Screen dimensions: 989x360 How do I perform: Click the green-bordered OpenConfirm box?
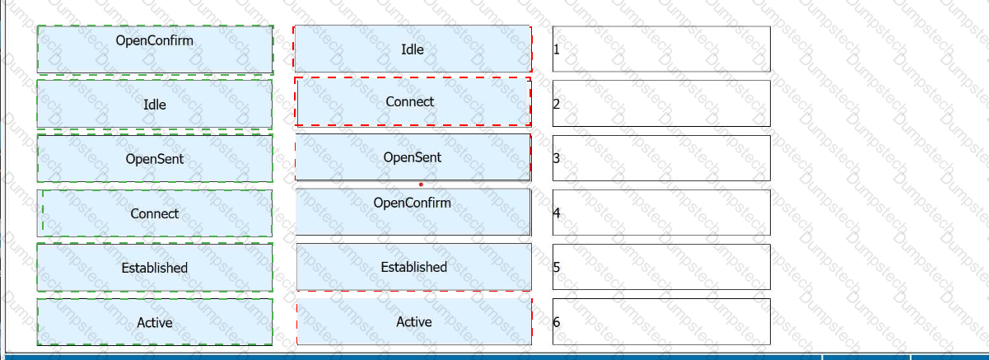155,49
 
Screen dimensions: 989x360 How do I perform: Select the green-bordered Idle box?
155,105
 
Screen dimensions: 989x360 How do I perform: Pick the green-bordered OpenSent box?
155,158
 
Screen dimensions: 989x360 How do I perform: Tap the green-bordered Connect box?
155,213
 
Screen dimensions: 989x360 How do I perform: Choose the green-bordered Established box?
155,267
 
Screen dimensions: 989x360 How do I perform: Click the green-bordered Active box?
155,322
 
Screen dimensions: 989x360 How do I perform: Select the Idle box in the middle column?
413,49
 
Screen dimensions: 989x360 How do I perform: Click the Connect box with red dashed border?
413,101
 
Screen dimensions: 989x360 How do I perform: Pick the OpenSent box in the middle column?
413,157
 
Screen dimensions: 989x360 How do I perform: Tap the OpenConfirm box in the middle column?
413,212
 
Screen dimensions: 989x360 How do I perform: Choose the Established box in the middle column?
413,267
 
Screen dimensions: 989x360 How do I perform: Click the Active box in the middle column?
413,321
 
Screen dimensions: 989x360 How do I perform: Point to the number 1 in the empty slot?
557,49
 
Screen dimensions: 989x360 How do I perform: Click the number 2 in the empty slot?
557,104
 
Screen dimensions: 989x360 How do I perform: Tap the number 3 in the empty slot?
557,158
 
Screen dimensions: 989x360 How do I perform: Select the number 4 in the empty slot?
557,213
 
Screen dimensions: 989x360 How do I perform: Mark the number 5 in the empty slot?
557,267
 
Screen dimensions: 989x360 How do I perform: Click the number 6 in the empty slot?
557,322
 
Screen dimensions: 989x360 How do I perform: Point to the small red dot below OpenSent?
421,185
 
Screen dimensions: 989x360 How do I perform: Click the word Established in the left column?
155,268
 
